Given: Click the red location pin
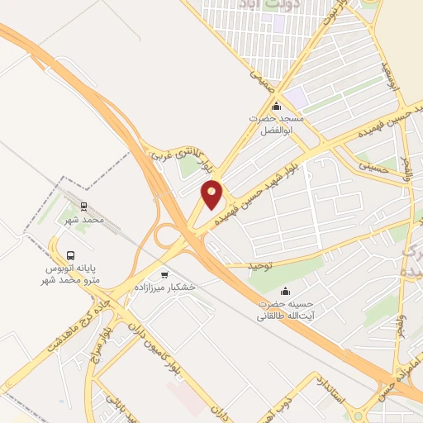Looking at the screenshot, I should [212, 194].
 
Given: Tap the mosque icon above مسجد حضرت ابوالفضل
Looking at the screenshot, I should [276, 107].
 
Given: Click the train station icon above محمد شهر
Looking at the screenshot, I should [83, 207].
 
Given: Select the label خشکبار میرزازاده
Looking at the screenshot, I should [169, 286].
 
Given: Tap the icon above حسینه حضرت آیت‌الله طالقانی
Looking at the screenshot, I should [286, 290].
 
